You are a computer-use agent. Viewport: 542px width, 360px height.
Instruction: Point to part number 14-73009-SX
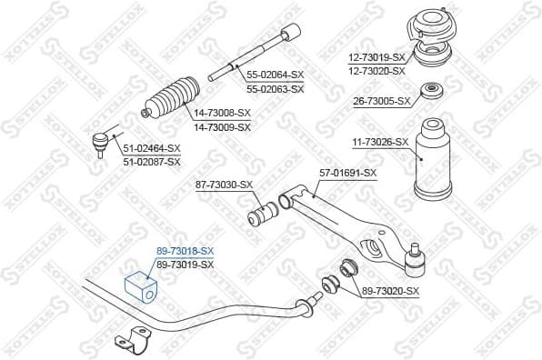pos(222,127)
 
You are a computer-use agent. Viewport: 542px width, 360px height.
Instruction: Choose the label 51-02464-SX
pos(152,148)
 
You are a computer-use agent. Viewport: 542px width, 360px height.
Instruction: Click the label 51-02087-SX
pos(152,161)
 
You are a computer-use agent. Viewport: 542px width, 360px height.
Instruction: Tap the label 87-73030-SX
pos(224,185)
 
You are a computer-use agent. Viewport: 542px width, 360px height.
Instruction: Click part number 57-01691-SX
pos(346,172)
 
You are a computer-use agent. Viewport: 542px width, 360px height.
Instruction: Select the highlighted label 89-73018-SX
pos(185,250)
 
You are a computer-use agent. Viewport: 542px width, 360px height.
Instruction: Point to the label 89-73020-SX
pos(391,291)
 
